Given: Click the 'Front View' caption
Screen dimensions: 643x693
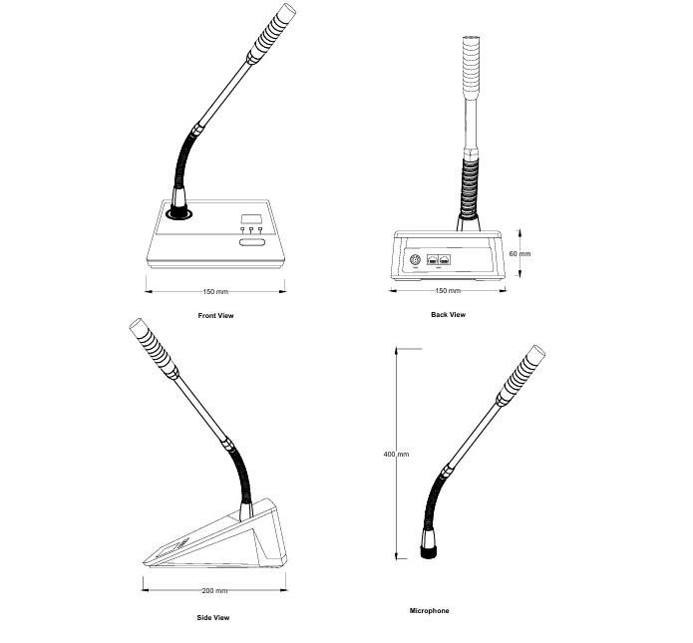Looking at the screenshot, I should (216, 315).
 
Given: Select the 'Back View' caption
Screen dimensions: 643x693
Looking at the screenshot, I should (448, 314).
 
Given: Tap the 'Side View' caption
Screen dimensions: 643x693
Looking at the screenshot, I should (214, 617).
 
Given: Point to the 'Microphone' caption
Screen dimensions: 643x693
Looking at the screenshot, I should (429, 610).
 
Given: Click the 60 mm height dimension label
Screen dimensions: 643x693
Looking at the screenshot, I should (520, 254).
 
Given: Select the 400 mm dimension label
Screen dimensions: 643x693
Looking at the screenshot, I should (396, 454).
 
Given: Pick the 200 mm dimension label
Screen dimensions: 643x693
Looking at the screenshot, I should (214, 591).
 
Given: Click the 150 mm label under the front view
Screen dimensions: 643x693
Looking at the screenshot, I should (215, 291).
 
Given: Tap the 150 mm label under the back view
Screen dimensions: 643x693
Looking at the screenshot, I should (448, 290).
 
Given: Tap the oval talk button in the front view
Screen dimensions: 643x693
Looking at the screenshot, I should (251, 240).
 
